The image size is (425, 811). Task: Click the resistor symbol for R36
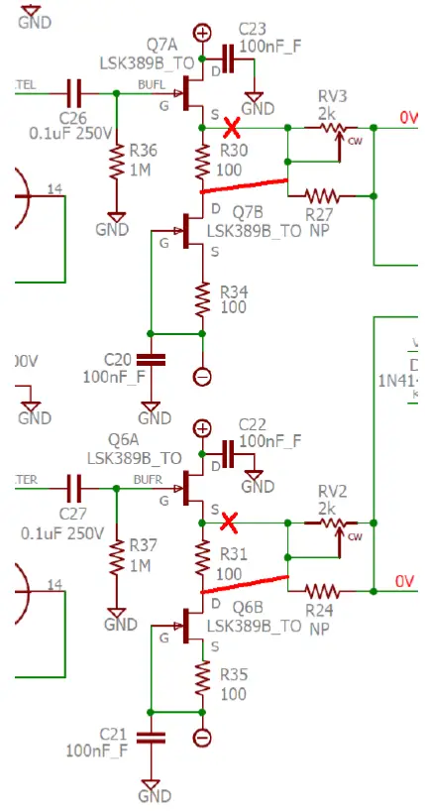(x=116, y=163)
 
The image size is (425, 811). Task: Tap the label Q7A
(x=162, y=45)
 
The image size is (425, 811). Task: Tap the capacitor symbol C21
(x=150, y=737)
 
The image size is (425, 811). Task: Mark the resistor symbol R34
(x=203, y=297)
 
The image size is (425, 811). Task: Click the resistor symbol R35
(x=203, y=678)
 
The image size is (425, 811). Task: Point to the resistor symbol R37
(x=116, y=555)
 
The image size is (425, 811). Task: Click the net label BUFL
(x=152, y=85)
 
